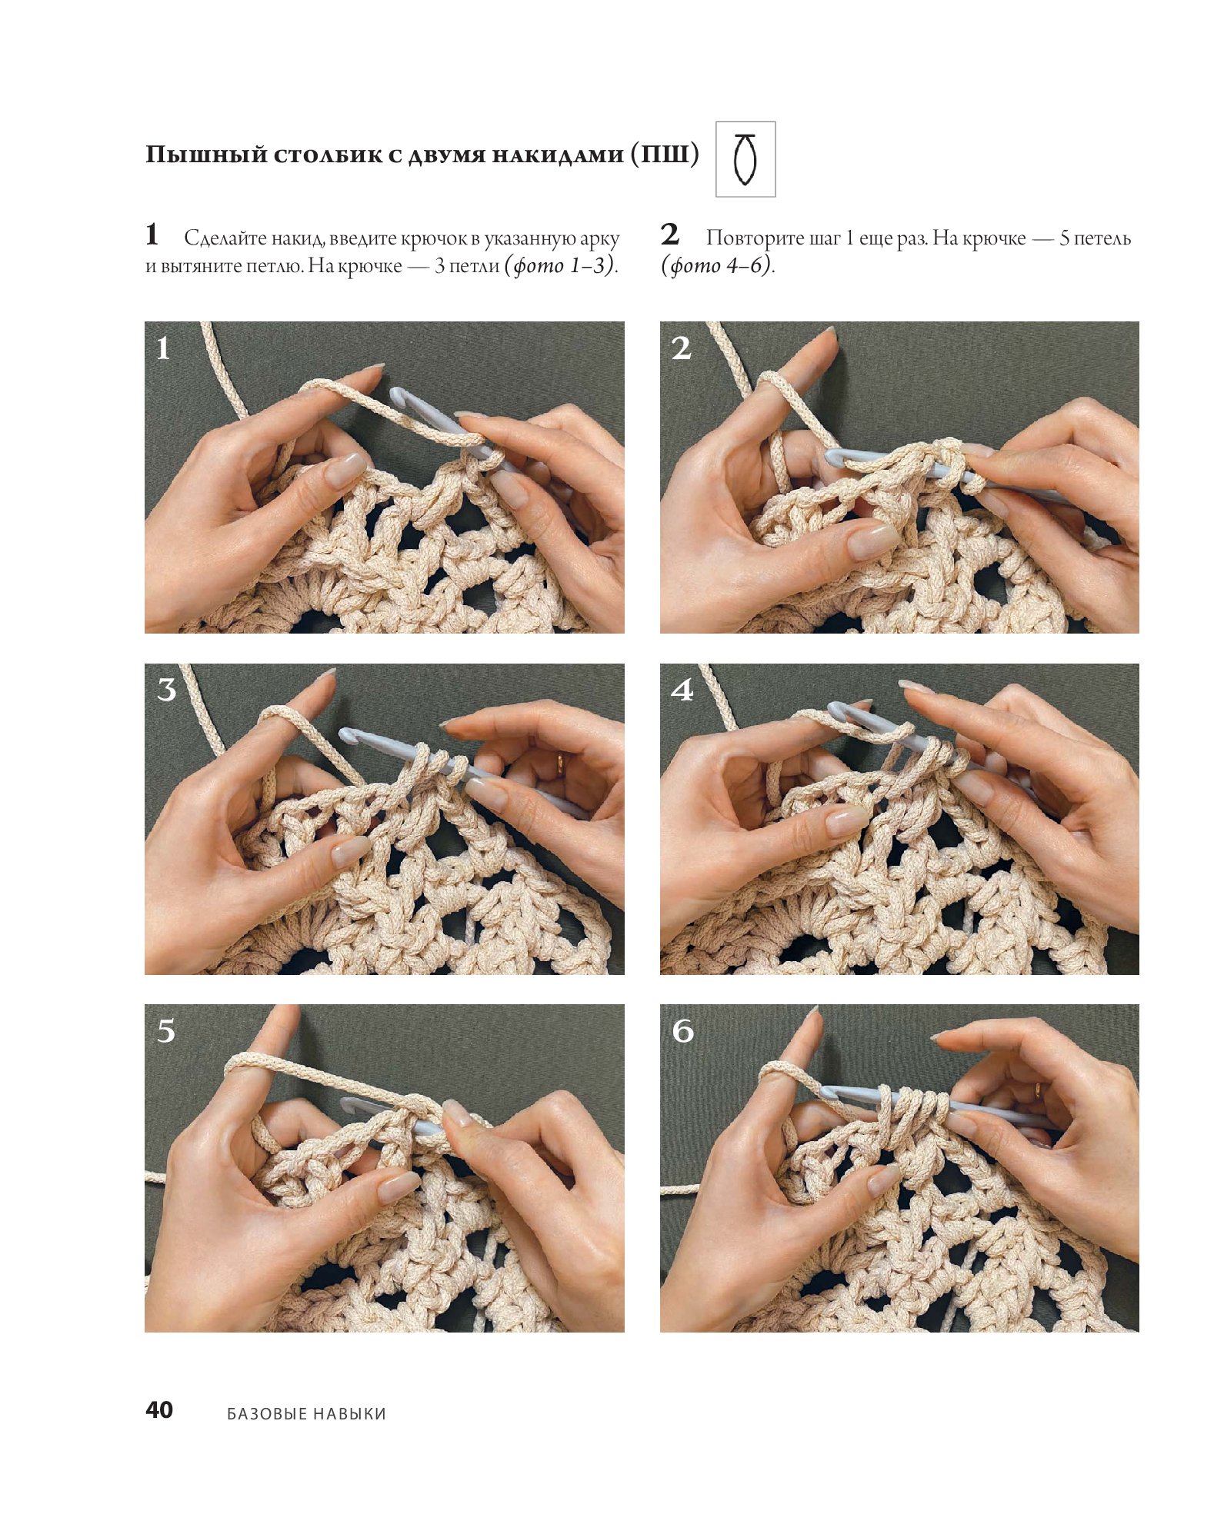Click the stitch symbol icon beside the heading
[745, 159]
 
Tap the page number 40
[159, 1409]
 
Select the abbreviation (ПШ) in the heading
[665, 154]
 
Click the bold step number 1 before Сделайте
[152, 234]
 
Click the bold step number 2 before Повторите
[670, 234]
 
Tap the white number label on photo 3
[166, 689]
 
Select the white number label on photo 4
[682, 689]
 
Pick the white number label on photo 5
[166, 1030]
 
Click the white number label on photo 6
[682, 1030]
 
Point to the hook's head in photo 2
[834, 458]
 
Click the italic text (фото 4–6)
[718, 265]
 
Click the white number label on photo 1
[163, 348]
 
